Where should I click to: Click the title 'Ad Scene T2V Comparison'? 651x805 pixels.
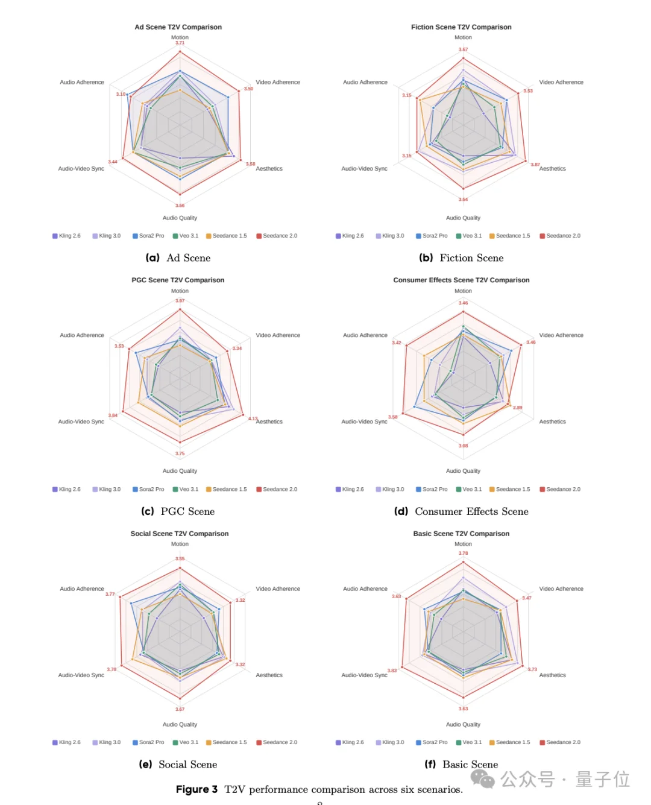point(178,27)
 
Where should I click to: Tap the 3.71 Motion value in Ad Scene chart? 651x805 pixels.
point(180,43)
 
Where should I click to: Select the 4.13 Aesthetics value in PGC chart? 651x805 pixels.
point(253,418)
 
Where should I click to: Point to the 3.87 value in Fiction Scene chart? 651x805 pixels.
point(535,165)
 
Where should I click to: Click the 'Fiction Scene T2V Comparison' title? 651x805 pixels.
point(461,27)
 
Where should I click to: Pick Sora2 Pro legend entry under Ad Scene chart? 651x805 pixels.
point(148,236)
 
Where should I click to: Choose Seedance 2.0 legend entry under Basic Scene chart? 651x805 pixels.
point(560,742)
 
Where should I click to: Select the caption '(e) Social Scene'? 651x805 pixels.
point(178,765)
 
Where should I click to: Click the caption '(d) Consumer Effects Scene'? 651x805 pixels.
point(461,511)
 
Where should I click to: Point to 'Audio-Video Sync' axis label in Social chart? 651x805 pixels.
point(81,675)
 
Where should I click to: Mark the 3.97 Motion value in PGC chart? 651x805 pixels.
point(180,301)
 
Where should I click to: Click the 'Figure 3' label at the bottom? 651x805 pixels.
point(197,789)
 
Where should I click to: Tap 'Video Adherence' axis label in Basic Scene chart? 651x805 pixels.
point(561,589)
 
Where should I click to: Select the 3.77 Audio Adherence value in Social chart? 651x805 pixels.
point(110,594)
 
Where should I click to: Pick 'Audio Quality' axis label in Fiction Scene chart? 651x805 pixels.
point(463,218)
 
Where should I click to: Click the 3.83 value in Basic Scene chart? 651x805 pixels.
point(392,671)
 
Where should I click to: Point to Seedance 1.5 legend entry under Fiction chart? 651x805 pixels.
point(510,236)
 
